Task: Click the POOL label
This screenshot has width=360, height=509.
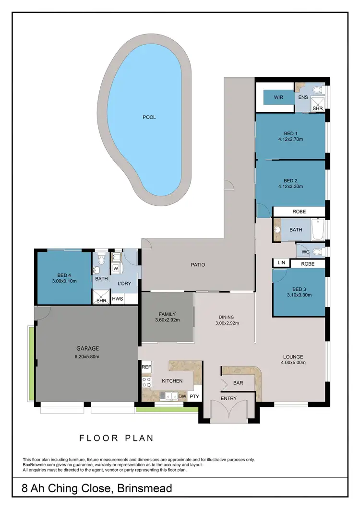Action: click(x=149, y=117)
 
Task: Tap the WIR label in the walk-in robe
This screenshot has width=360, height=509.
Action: click(x=278, y=97)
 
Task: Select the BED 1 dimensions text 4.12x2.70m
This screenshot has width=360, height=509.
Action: click(x=291, y=140)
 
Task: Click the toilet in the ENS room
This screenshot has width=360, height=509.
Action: click(x=317, y=90)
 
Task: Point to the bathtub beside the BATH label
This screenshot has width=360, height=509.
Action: click(x=317, y=230)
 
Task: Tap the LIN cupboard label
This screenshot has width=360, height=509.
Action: click(x=281, y=263)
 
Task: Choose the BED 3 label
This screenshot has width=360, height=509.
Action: click(x=299, y=289)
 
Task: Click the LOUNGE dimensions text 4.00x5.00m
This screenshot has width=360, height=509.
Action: click(x=292, y=364)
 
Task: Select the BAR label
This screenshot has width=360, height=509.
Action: click(x=238, y=383)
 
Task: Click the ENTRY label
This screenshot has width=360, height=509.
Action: click(x=228, y=399)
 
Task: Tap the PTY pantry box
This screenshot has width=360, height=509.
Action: click(x=194, y=396)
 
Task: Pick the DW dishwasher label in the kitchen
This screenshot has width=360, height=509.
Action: click(x=182, y=396)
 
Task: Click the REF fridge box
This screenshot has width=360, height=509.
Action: click(x=146, y=367)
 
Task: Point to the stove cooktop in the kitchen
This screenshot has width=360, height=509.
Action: click(x=146, y=382)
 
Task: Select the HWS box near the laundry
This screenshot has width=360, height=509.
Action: click(x=117, y=299)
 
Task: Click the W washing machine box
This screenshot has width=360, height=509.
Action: click(x=116, y=269)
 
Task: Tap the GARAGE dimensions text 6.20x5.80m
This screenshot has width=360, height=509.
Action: click(x=87, y=357)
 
